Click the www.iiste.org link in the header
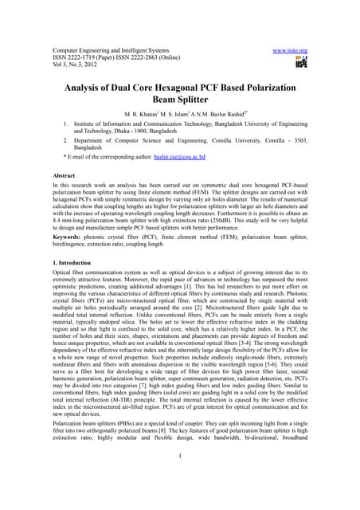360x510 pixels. [x=290, y=50]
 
